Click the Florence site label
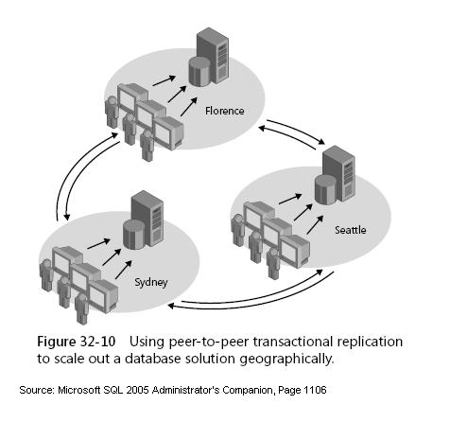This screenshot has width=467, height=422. tap(225, 111)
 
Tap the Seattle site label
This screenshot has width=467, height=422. tap(349, 230)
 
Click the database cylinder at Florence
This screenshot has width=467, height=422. tap(199, 72)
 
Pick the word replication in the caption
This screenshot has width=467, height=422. tap(367, 340)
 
